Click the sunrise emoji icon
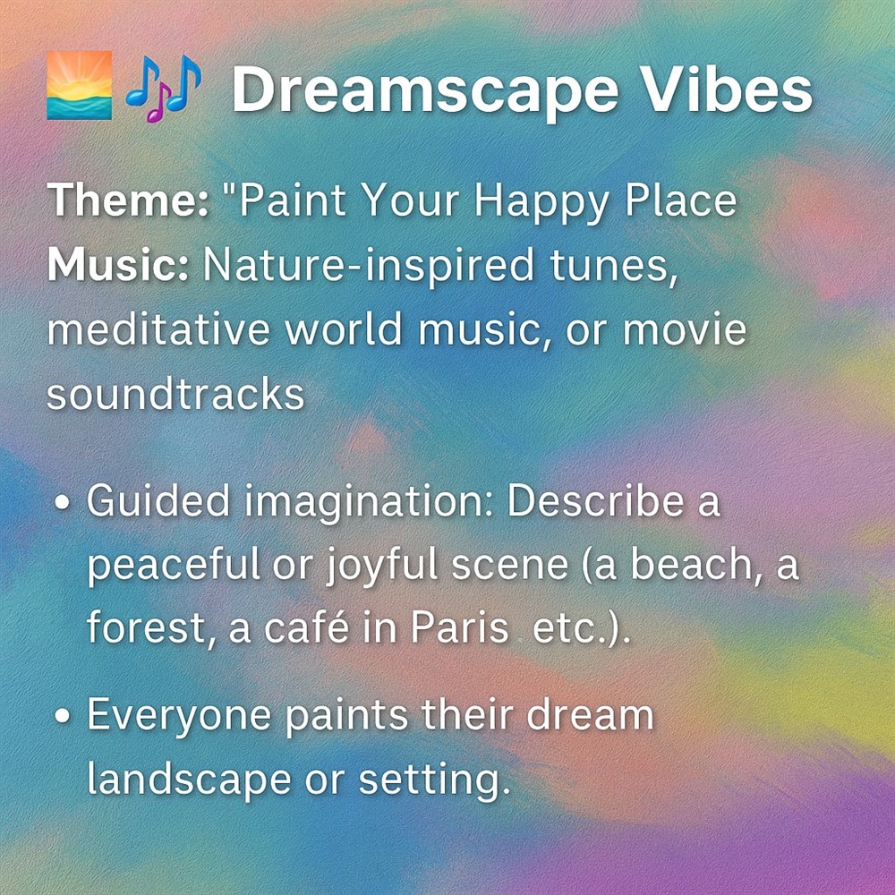(x=80, y=85)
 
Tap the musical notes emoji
(x=163, y=88)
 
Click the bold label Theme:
(x=128, y=200)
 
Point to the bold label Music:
(x=117, y=266)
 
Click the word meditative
(x=158, y=329)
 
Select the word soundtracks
(x=175, y=395)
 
